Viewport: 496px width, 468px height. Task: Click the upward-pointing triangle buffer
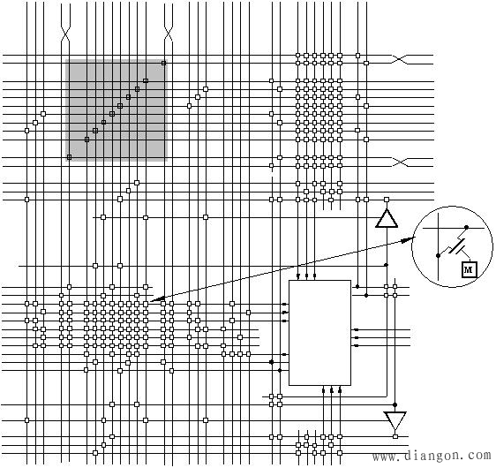(x=387, y=218)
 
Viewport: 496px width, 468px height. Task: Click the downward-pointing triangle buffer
(x=395, y=420)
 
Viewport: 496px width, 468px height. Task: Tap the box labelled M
(x=469, y=269)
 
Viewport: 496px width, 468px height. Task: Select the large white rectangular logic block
(x=319, y=333)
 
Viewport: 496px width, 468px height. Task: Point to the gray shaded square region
(x=116, y=110)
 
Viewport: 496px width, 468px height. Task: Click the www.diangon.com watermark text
(x=432, y=456)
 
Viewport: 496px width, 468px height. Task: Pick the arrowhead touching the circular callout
(x=409, y=239)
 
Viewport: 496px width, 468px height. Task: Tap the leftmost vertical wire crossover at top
(x=65, y=34)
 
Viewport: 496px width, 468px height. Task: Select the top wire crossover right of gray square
(x=169, y=34)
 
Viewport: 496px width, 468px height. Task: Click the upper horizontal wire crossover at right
(x=400, y=59)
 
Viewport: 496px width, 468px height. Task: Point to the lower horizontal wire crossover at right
(x=400, y=162)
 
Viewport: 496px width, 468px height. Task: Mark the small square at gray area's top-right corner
(x=163, y=63)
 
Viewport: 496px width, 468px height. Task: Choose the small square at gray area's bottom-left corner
(x=69, y=157)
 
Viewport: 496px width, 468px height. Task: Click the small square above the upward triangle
(x=387, y=200)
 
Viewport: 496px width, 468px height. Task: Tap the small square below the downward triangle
(x=395, y=436)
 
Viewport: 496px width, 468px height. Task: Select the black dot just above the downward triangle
(x=395, y=404)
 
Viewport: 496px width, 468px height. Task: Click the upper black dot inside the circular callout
(x=466, y=227)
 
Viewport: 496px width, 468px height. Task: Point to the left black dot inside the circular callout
(x=438, y=255)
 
